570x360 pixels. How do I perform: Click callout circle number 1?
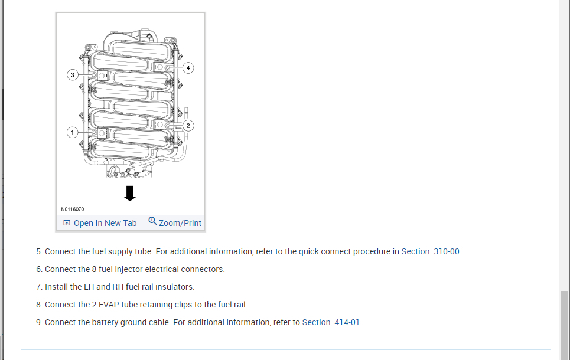(73, 132)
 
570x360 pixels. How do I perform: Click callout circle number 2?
(188, 125)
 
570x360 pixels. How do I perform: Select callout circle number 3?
(73, 75)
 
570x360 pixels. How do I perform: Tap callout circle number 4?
(188, 68)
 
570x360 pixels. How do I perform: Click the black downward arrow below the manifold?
(130, 193)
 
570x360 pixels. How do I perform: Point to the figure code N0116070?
(72, 209)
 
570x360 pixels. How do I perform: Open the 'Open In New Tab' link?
(105, 223)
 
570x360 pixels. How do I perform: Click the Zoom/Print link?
(180, 223)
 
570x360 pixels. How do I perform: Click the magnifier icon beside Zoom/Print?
(152, 221)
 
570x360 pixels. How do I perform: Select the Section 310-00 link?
(430, 251)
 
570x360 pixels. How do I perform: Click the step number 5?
(39, 251)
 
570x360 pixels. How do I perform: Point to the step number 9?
(39, 322)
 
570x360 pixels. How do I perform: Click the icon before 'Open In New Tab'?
(67, 223)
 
